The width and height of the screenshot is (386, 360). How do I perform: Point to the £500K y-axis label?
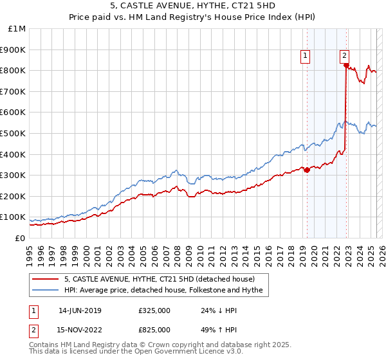point(14,133)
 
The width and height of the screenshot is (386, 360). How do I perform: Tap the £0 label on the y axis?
point(21,238)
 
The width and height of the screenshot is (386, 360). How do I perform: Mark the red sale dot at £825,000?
point(346,66)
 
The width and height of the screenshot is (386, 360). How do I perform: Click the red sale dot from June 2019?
point(307,170)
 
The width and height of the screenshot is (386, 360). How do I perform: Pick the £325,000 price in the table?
point(154,310)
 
